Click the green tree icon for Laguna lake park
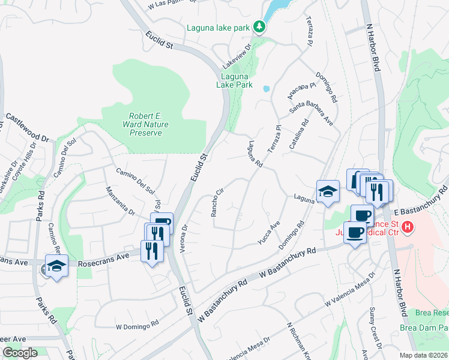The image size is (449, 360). pos(259,26)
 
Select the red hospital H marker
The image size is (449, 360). pos(408,227)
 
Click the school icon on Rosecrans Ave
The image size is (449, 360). pos(56,266)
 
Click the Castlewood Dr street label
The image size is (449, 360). pos(27,127)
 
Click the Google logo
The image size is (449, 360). pos(20,353)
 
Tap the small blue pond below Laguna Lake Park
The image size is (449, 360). pos(266,89)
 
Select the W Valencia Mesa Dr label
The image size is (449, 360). pos(349,291)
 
